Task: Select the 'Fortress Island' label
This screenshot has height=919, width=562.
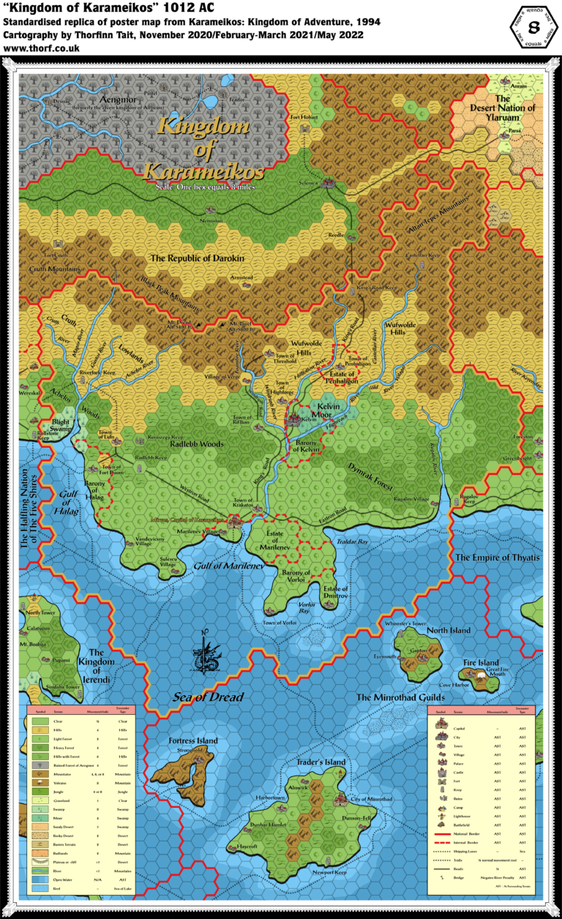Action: click(193, 740)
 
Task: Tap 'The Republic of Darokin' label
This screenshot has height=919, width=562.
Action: click(197, 258)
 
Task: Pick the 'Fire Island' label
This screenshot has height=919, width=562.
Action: click(480, 663)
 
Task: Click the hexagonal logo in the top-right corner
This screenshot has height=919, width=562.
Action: click(533, 26)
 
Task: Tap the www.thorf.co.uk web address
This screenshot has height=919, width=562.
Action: click(42, 48)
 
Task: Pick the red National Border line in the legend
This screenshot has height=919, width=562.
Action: click(446, 833)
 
